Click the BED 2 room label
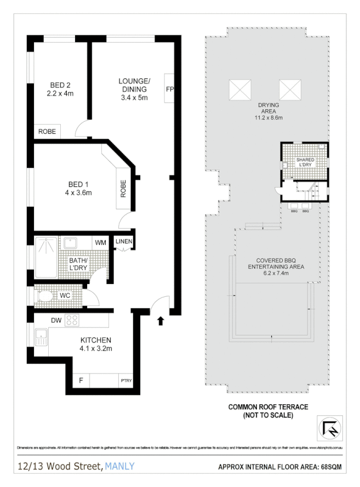pos(61,85)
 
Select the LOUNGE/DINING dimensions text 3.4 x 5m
pos(134,98)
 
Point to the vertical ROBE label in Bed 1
pos(123,189)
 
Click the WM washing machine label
pos(100,242)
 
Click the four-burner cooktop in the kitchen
pos(72,320)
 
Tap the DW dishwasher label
pos(55,320)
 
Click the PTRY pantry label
pos(126,381)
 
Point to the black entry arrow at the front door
pos(161,320)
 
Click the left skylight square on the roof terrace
pos(240,88)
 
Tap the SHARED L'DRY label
pos(305,162)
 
